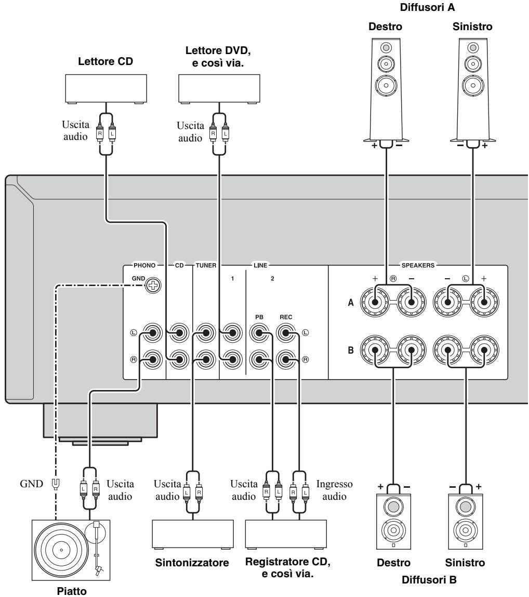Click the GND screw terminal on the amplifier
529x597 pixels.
click(153, 285)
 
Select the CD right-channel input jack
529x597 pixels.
click(179, 359)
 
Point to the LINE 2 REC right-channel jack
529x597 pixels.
click(286, 359)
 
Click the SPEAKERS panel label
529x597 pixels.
click(418, 265)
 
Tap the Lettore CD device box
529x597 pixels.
click(106, 89)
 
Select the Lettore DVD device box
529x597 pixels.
click(219, 89)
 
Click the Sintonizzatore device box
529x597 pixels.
click(193, 534)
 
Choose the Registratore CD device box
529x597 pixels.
click(286, 534)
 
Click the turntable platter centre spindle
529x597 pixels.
click(62, 550)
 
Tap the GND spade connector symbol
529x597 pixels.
click(56, 484)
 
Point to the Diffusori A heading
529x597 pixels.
click(427, 7)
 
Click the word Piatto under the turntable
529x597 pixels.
click(72, 591)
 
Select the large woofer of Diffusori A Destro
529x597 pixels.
click(386, 85)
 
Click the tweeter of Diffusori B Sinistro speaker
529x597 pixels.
click(466, 507)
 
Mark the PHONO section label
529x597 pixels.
click(144, 265)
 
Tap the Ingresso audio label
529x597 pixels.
click(335, 490)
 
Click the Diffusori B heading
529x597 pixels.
click(429, 580)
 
